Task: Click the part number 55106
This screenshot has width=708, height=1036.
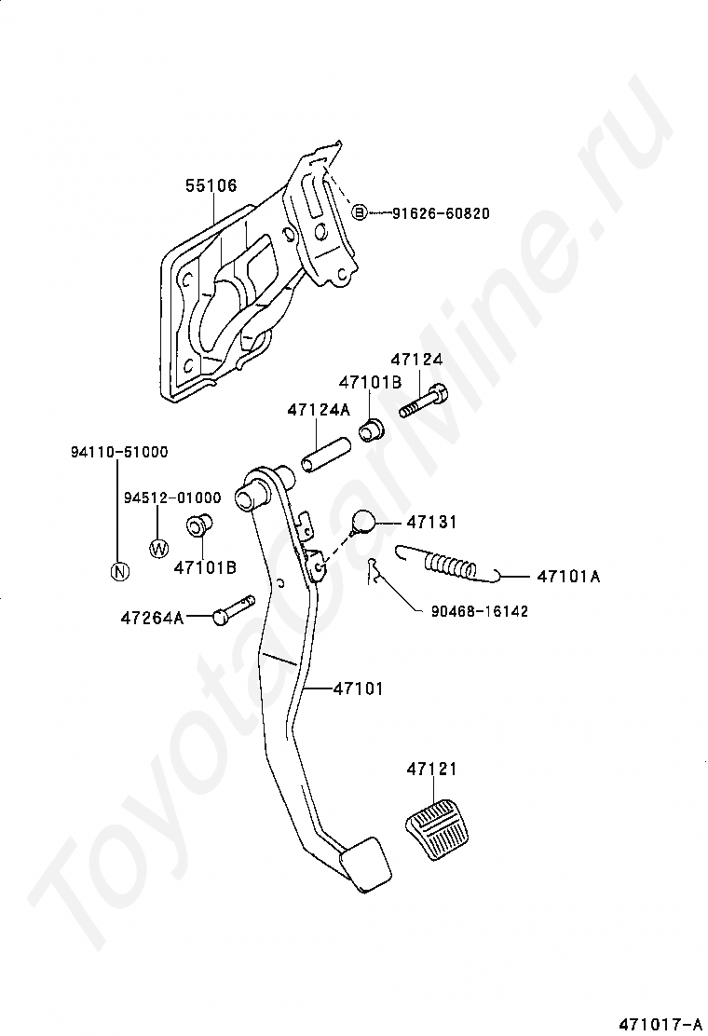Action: tap(211, 185)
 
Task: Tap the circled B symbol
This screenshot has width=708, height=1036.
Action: tap(359, 213)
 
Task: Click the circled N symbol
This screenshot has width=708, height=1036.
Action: tap(118, 571)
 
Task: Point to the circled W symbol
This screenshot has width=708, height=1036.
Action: tap(157, 547)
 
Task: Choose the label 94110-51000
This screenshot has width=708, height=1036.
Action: tap(118, 452)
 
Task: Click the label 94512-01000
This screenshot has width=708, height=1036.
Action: tap(172, 498)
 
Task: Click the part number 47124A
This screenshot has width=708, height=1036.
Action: tap(318, 409)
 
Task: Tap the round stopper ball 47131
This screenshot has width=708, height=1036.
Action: tap(364, 523)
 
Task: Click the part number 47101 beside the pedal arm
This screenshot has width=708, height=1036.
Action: tap(358, 688)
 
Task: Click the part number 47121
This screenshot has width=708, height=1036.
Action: tap(431, 770)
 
